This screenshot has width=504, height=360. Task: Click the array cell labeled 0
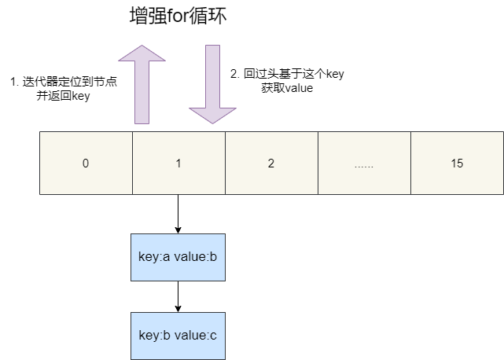pos(86,163)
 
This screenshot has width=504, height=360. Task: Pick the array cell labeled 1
pos(178,163)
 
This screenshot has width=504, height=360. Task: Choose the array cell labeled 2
pos(271,163)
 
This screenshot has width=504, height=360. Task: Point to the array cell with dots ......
pos(364,163)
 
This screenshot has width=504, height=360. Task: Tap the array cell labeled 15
pos(457,163)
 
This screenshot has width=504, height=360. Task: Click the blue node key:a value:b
pos(178,257)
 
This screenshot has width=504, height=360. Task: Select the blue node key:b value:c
pos(178,336)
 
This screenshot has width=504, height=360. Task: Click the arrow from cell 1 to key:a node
pos(178,213)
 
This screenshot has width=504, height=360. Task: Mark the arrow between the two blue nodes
pos(178,296)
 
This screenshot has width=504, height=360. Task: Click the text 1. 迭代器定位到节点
pos(63,82)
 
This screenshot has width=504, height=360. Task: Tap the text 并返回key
pos(63,96)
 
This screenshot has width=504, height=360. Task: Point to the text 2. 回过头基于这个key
pos(287,74)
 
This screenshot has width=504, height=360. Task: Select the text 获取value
pos(287,88)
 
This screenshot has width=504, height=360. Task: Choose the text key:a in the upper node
pos(155,257)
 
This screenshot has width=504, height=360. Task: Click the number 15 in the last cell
pos(457,163)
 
